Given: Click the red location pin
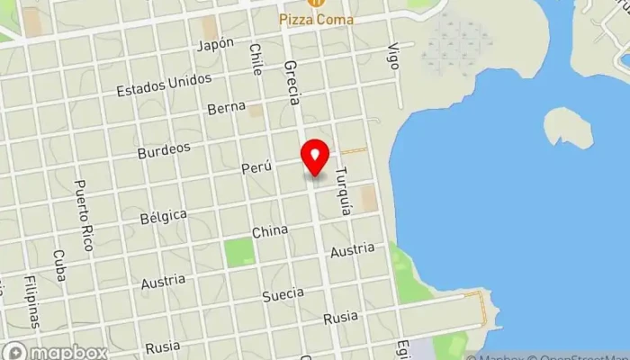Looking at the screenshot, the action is (x=315, y=157).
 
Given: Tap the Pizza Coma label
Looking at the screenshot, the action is (x=317, y=19).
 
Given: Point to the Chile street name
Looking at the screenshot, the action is (x=256, y=59).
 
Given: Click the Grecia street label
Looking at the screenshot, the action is (x=291, y=83).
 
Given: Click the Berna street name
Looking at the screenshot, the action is (x=226, y=108).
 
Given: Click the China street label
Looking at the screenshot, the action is (x=270, y=232).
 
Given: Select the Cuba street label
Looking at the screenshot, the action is (x=59, y=265).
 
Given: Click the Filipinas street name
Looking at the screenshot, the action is (x=33, y=302).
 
